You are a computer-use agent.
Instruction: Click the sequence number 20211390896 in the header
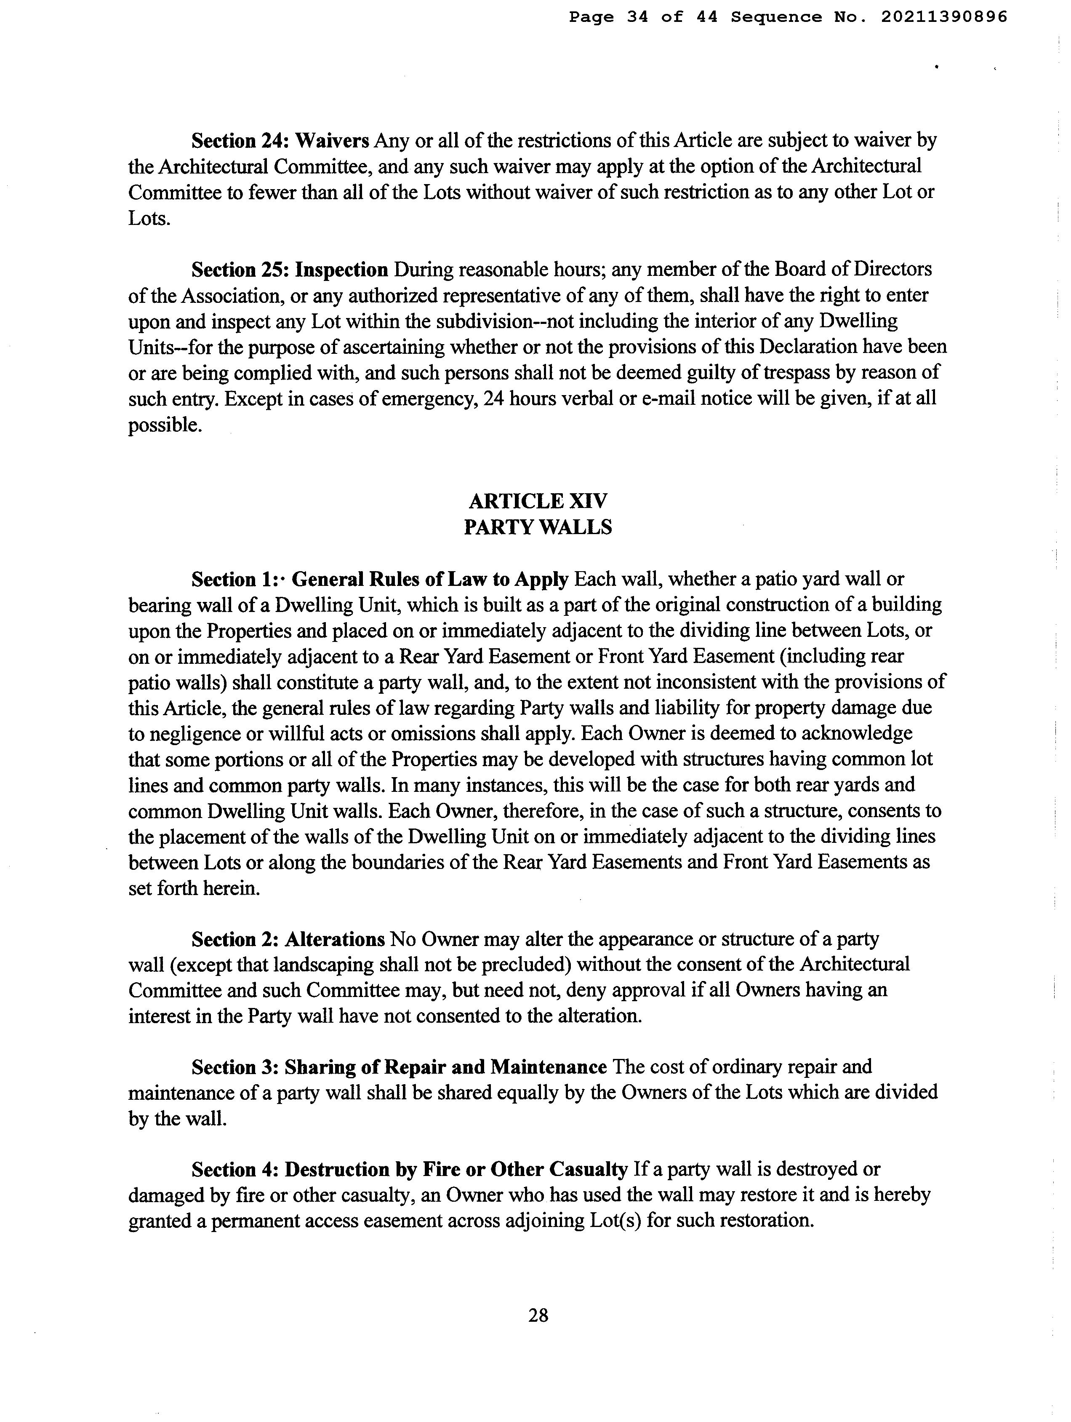(943, 17)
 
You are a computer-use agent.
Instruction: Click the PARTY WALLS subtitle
(538, 527)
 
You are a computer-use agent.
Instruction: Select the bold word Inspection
(341, 269)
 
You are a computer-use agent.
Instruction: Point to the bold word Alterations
(334, 939)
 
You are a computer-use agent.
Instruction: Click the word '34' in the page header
(637, 17)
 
